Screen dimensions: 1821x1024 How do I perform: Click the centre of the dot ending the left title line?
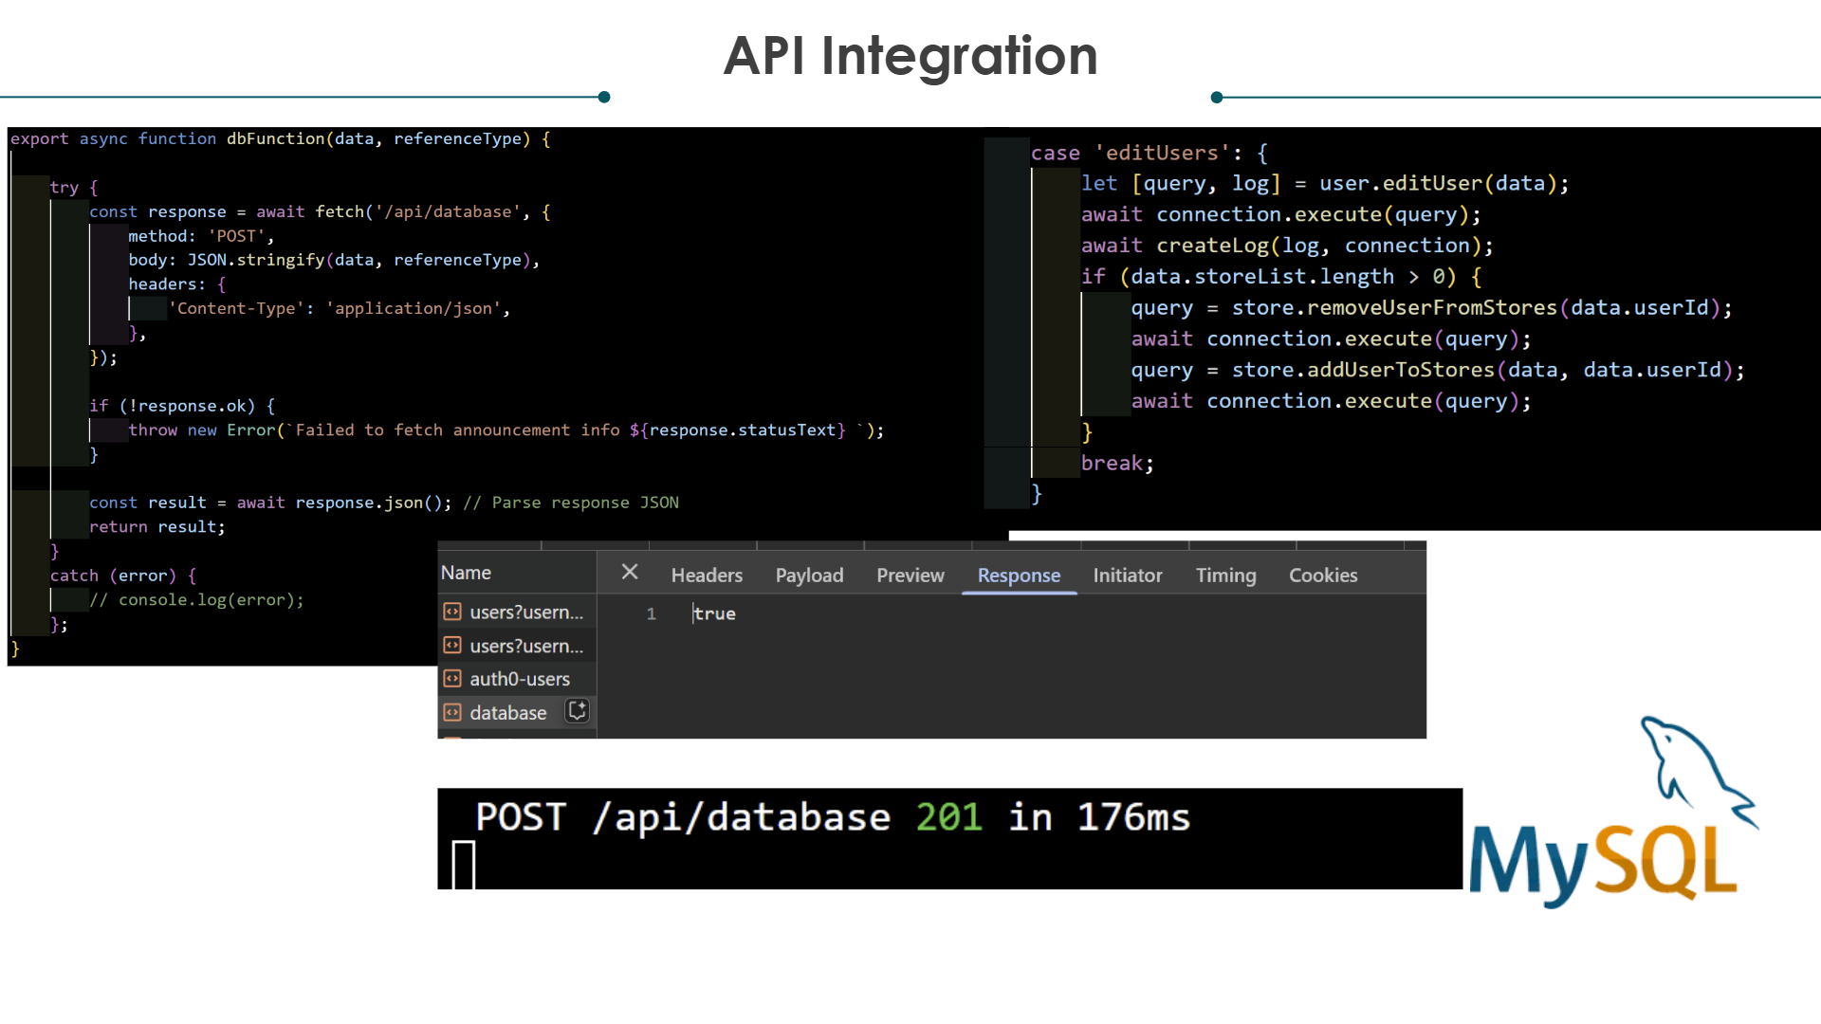point(604,97)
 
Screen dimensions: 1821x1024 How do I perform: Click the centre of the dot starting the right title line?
point(1217,97)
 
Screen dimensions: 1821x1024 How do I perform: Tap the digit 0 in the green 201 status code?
point(949,817)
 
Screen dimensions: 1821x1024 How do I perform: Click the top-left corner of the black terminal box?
point(437,788)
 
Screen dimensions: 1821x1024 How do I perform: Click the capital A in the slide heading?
point(749,56)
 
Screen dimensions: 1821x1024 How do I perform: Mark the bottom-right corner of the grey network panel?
point(1426,739)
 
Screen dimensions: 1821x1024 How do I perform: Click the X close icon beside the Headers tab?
point(630,572)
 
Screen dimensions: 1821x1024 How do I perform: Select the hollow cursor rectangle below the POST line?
point(464,865)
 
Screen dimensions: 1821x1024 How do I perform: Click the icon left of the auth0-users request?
point(452,679)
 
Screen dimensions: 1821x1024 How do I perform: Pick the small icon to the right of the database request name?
point(577,711)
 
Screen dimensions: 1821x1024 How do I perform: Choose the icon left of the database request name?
point(452,712)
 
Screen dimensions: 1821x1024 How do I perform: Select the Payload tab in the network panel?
point(809,576)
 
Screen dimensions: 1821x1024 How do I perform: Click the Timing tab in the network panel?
point(1225,576)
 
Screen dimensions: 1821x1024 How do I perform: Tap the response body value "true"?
point(714,613)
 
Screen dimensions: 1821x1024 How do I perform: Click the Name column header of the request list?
point(466,573)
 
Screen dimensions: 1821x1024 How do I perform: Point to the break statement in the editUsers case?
point(1117,464)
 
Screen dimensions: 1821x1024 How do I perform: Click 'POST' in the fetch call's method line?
point(236,236)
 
